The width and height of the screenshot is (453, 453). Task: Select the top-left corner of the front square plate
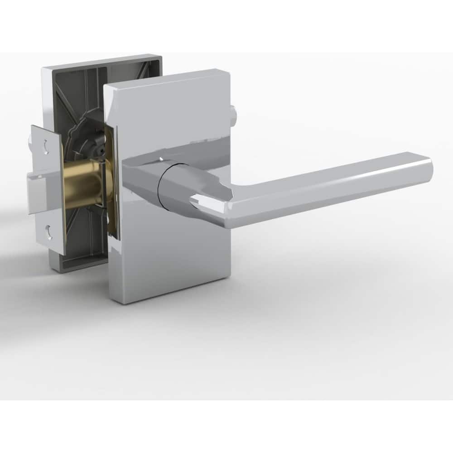[x=106, y=86]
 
